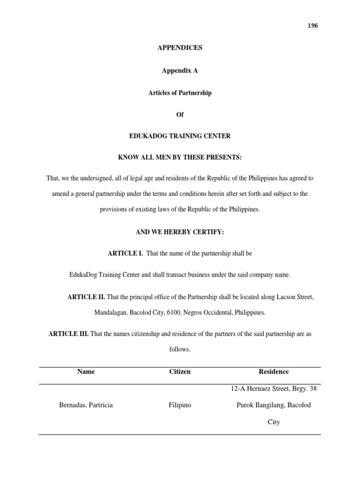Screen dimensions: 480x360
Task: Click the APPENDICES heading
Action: pos(180,48)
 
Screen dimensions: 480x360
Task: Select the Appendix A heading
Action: pos(180,70)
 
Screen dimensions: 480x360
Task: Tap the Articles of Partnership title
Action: pos(180,93)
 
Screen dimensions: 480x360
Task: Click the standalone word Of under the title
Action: pos(180,115)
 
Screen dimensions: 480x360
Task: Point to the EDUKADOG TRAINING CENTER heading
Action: pos(180,136)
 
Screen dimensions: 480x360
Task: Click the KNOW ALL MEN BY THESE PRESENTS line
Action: pos(180,158)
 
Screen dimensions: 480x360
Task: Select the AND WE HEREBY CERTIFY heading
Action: pos(180,232)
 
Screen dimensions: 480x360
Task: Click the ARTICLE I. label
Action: pos(125,254)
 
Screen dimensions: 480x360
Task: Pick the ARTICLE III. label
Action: pos(68,335)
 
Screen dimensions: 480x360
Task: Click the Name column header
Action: pos(86,372)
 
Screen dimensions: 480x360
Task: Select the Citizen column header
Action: pos(180,372)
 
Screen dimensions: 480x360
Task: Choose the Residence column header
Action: pos(274,372)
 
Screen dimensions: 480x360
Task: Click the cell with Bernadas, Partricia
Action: pos(86,405)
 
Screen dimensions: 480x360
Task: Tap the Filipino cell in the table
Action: pos(180,405)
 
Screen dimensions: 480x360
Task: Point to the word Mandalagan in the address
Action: pos(112,312)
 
